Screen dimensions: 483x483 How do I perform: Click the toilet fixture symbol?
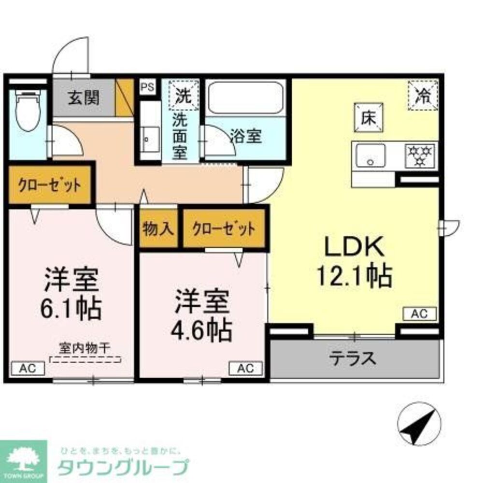click(x=27, y=111)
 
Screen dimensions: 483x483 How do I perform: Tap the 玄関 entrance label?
click(x=84, y=98)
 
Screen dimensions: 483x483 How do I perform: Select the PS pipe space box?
click(x=147, y=87)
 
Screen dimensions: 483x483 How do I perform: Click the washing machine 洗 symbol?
click(x=183, y=93)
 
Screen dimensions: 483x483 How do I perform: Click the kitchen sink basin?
click(x=371, y=156)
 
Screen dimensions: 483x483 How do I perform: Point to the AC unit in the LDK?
click(x=419, y=313)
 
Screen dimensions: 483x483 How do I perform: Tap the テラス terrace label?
click(x=353, y=358)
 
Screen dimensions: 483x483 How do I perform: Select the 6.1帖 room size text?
click(x=73, y=307)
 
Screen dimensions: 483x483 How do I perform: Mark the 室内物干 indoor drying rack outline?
click(x=85, y=359)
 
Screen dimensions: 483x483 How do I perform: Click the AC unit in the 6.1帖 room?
click(x=27, y=369)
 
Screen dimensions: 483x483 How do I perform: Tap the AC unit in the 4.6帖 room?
click(x=245, y=369)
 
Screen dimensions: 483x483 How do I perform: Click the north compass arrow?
click(x=418, y=423)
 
